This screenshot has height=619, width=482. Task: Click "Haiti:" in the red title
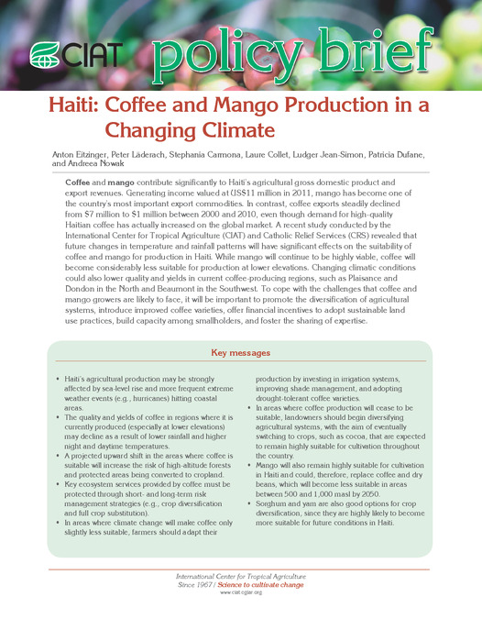click(71, 106)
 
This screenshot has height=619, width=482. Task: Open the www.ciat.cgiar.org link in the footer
click(240, 592)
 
